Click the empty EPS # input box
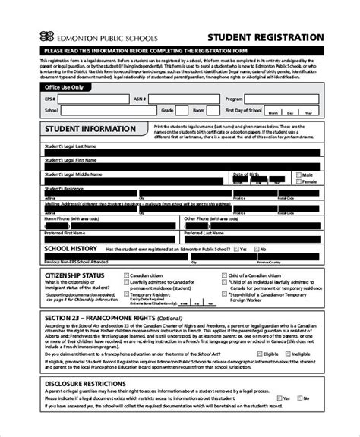click(x=76, y=99)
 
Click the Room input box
click(x=218, y=110)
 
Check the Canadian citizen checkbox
click(x=128, y=275)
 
